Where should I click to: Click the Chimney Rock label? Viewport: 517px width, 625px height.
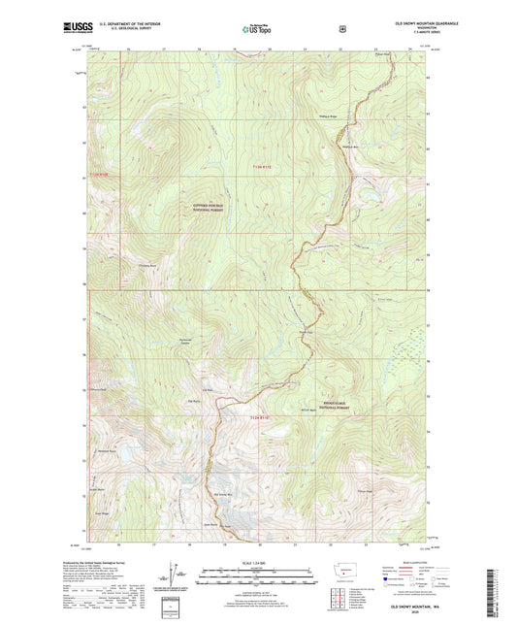[x=147, y=265]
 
